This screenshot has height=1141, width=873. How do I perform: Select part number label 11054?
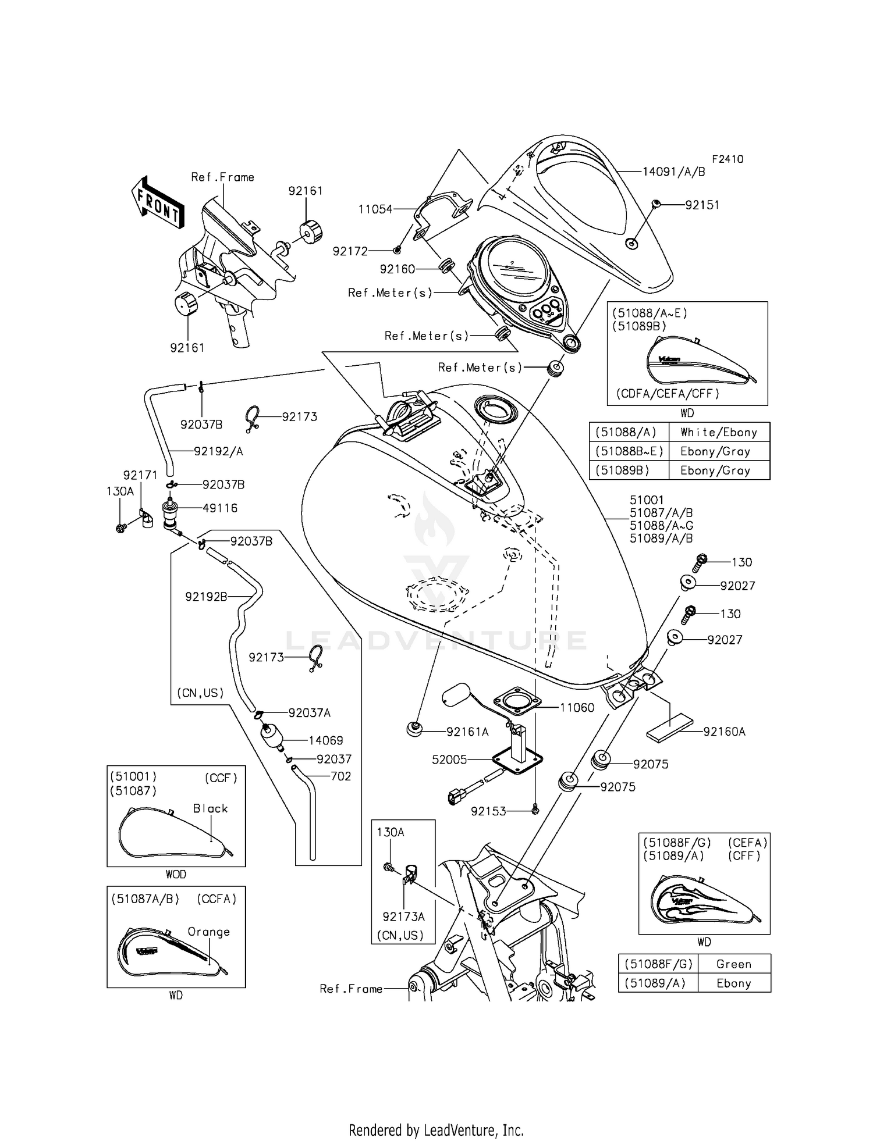[x=375, y=209]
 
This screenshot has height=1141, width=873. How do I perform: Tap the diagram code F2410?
[x=727, y=159]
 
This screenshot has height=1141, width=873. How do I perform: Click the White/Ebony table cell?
[x=718, y=432]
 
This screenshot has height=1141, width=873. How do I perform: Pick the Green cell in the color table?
[x=733, y=964]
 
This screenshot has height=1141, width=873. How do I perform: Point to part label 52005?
[x=449, y=760]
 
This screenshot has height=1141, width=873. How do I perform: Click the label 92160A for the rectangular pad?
[x=724, y=732]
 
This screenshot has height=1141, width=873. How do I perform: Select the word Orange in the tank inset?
[x=208, y=932]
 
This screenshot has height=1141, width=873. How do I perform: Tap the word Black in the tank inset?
[x=210, y=808]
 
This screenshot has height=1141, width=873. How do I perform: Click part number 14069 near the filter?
[x=325, y=740]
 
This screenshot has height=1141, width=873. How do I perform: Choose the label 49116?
[x=220, y=508]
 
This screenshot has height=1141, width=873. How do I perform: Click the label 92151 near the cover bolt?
[x=702, y=205]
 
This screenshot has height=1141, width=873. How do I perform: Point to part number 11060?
[x=577, y=708]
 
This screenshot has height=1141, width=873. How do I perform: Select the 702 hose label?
[x=340, y=776]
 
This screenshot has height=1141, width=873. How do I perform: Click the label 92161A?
[x=467, y=732]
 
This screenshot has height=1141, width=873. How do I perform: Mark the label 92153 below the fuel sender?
[x=488, y=811]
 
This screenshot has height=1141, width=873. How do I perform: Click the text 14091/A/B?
[x=673, y=172]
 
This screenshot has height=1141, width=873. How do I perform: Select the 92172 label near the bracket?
[x=350, y=251]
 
